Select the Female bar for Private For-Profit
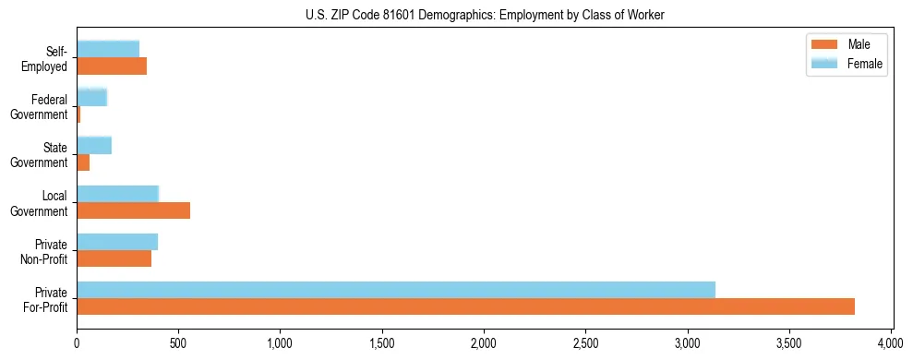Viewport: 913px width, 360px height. (x=396, y=290)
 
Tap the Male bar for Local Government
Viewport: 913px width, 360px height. (x=133, y=210)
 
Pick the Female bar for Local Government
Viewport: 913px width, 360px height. (x=118, y=194)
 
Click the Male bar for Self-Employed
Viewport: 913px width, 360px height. (x=112, y=66)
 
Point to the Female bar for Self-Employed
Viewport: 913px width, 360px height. (x=108, y=50)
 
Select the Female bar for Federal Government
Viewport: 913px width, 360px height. (x=92, y=98)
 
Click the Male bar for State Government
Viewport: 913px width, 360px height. (x=83, y=162)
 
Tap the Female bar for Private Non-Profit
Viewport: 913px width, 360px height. (x=117, y=242)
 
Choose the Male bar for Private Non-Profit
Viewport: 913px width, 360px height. (x=114, y=258)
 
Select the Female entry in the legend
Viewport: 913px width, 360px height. (x=847, y=64)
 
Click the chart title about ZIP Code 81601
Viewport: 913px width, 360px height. (x=486, y=15)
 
